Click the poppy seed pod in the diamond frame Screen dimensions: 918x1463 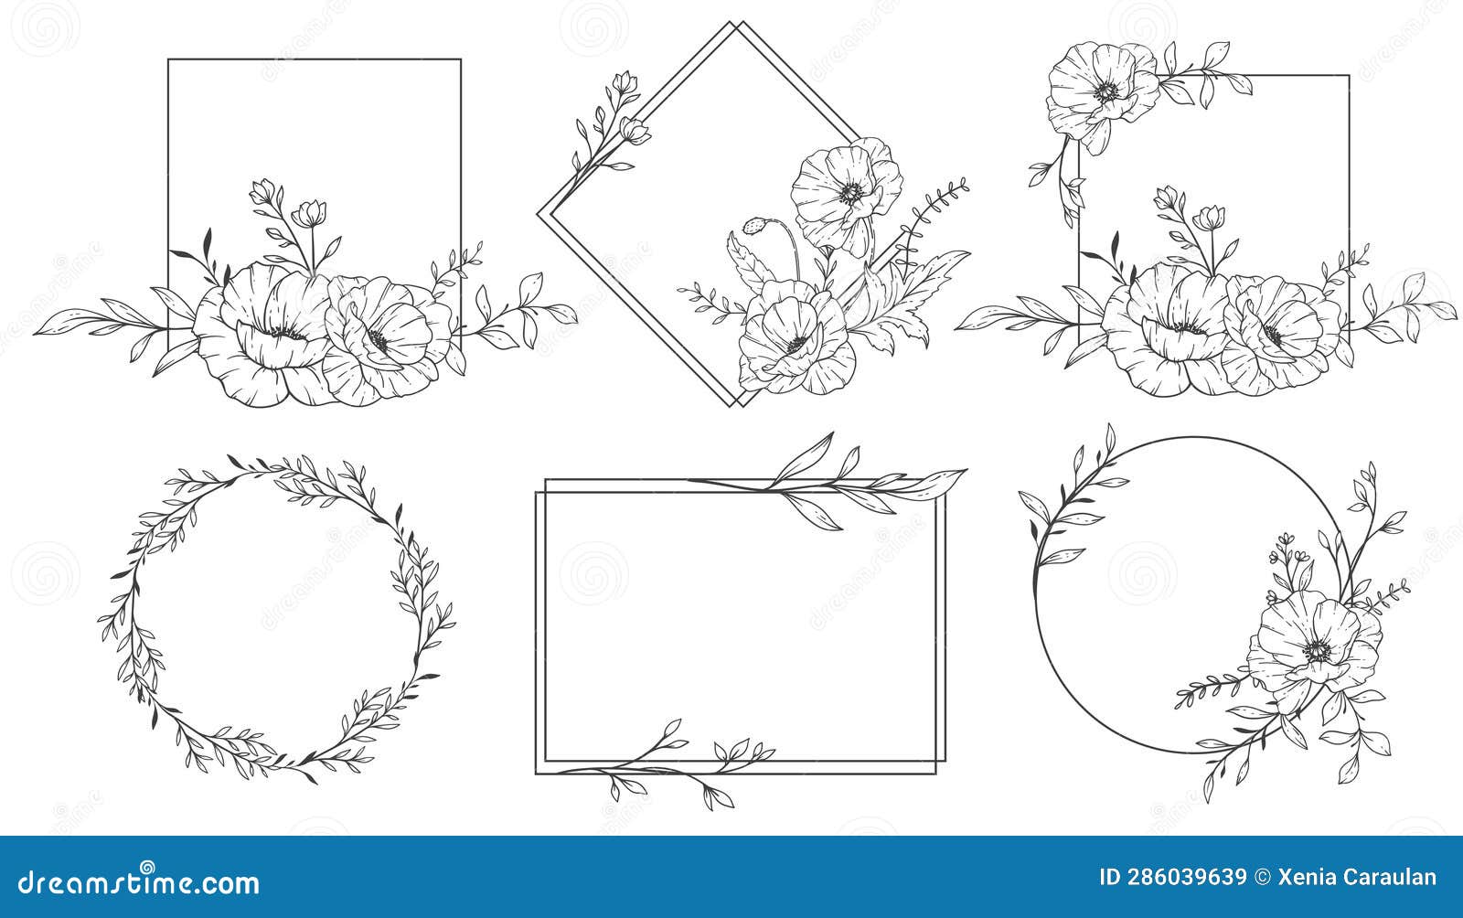pyautogui.click(x=754, y=225)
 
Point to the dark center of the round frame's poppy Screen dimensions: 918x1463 pyautogui.click(x=1318, y=651)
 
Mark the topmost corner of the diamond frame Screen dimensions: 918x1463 pyautogui.click(x=734, y=23)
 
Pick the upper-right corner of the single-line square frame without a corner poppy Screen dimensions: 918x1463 pyautogui.click(x=460, y=60)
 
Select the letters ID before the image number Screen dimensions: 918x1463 pyautogui.click(x=1110, y=878)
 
